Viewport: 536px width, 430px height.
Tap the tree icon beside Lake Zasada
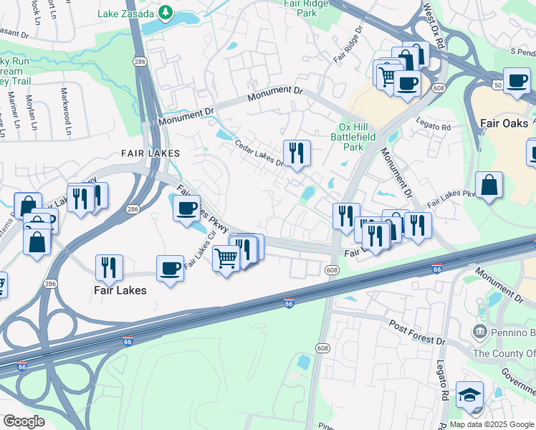pos(166,12)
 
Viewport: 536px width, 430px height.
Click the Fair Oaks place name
pos(505,123)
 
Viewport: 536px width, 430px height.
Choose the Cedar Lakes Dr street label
pos(259,153)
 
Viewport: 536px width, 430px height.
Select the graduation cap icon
pos(469,395)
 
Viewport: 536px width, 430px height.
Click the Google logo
pos(24,421)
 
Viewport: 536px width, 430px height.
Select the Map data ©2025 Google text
pos(492,424)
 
